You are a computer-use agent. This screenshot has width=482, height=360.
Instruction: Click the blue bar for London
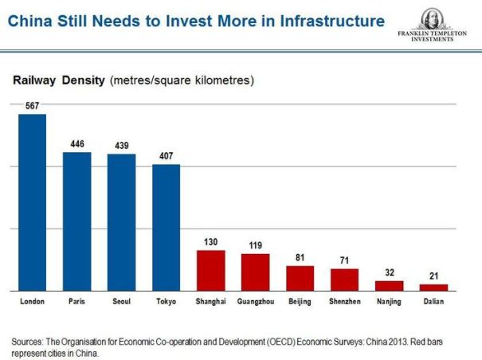32,202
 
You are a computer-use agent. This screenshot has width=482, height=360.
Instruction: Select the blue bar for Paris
77,221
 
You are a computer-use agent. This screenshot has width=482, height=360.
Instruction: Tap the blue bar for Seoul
122,221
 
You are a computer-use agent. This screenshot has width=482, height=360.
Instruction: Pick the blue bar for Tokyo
167,227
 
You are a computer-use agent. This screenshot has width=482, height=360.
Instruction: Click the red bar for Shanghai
211,270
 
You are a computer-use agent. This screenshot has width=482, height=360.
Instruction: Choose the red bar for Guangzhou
256,272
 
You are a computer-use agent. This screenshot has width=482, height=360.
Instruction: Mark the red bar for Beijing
300,277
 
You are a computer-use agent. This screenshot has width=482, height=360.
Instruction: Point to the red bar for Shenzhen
345,279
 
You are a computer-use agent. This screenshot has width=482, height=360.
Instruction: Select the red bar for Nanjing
390,285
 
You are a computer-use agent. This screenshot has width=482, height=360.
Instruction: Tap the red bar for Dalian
434,287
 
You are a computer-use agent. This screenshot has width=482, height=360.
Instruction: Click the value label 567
32,106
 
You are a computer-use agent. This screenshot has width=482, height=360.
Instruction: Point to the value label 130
211,242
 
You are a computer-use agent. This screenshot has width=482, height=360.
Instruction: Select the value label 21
434,276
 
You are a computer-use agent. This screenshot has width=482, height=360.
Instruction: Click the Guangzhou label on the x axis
256,303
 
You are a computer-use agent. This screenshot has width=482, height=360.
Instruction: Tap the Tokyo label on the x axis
167,303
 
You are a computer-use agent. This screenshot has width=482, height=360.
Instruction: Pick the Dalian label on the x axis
434,303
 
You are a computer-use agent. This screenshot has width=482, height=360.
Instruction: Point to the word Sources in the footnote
29,342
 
